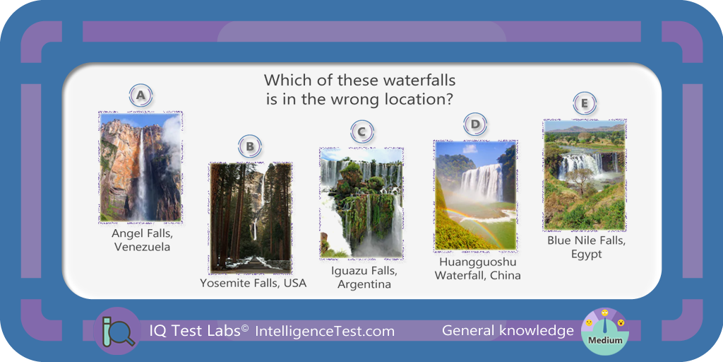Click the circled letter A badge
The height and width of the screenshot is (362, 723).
141,95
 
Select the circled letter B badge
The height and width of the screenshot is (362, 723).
250,147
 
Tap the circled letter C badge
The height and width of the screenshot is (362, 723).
362,132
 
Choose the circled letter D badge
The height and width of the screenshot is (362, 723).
475,124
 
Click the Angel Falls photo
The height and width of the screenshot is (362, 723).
141,167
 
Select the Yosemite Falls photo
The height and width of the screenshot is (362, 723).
251,218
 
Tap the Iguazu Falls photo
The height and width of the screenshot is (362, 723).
361,203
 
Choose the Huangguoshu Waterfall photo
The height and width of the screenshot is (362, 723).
475,196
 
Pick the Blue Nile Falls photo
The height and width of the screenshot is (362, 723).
585,175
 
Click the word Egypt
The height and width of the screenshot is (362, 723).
587,255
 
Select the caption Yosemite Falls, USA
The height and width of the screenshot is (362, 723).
253,283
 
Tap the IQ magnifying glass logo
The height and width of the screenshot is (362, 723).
117,331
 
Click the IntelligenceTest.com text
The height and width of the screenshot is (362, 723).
325,331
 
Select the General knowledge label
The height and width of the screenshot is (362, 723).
508,331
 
